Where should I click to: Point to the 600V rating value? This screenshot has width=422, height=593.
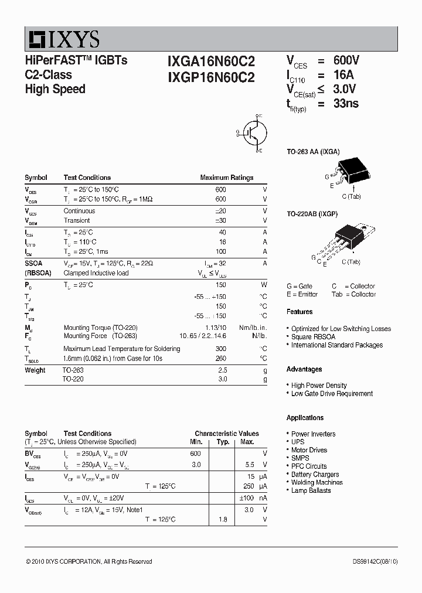(x=346, y=61)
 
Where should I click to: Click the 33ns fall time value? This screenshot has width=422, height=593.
(x=346, y=104)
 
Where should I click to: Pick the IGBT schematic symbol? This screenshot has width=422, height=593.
(x=253, y=132)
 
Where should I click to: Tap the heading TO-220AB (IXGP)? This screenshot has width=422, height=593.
(x=312, y=214)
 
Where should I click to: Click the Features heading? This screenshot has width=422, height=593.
(x=300, y=312)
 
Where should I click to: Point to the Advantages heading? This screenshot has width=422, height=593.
(x=304, y=369)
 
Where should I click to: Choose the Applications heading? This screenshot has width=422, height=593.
(x=305, y=418)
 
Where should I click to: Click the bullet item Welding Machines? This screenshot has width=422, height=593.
(x=317, y=482)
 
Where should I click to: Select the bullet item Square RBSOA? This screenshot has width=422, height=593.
(x=314, y=337)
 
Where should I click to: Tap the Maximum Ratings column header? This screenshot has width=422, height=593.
(x=226, y=178)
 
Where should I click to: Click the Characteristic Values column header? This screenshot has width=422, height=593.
(x=227, y=434)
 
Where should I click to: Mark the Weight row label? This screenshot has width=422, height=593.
(x=35, y=370)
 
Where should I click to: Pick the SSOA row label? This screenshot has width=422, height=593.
(x=33, y=264)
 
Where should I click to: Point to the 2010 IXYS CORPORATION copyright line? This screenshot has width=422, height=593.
(x=89, y=561)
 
